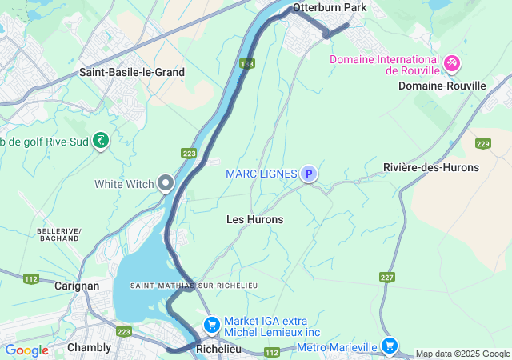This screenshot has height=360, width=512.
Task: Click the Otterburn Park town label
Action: point(329,7)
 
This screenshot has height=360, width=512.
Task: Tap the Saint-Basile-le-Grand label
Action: point(132,72)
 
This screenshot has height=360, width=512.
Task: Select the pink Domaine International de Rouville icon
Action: point(451,62)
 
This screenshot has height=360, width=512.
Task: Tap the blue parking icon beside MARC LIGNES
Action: point(309,174)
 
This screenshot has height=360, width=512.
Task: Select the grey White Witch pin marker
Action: point(166,183)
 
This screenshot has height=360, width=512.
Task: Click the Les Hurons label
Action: point(254,219)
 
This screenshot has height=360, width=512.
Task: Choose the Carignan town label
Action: point(77,286)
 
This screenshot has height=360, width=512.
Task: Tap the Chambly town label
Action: point(89,347)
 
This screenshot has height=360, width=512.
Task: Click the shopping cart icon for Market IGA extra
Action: point(212,324)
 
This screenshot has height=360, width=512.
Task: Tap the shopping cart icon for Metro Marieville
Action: point(389,346)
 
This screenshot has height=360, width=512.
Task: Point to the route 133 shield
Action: point(246,63)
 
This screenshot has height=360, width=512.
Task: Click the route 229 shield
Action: point(482,143)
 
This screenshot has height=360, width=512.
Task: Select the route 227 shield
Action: point(387,277)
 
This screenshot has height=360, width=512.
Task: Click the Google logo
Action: point(26,350)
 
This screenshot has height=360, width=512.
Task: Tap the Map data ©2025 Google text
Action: point(462,354)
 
